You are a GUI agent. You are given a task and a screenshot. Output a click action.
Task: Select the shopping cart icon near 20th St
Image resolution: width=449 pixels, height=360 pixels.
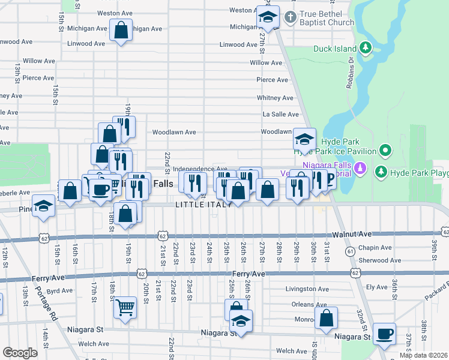tap(125, 308)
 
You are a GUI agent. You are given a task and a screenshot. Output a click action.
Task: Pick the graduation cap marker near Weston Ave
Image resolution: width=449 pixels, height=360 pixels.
tap(268, 17)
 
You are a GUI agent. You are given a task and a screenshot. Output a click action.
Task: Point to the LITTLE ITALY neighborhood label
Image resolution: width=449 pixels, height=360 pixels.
tap(203, 205)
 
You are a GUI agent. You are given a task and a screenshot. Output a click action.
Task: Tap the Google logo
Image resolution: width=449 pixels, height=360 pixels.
tap(20, 353)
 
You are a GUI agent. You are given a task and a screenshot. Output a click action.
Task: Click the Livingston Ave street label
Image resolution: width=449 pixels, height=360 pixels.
tap(307, 289)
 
